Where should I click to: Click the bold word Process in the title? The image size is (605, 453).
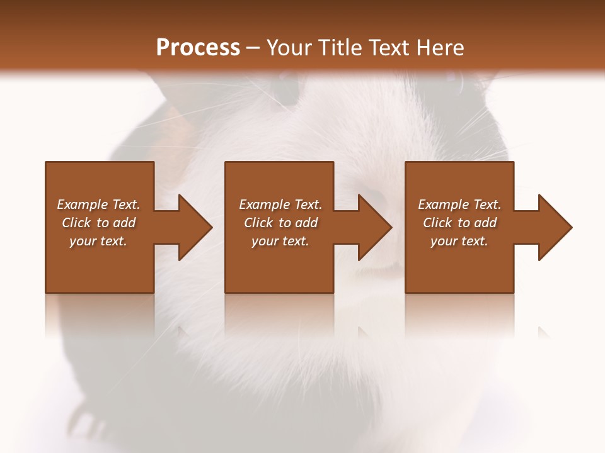click(198, 47)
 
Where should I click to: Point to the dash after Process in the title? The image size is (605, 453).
click(253, 48)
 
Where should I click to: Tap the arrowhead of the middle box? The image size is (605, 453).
click(374, 227)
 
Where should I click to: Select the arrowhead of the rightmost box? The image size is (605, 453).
click(555, 227)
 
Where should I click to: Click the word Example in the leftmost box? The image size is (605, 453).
click(82, 204)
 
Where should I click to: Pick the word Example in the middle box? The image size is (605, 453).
click(264, 204)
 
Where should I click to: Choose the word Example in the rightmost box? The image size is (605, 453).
click(443, 204)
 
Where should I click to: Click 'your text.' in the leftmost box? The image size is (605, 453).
click(98, 241)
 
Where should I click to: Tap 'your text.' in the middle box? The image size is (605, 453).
click(280, 241)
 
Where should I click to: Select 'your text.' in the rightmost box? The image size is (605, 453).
click(459, 241)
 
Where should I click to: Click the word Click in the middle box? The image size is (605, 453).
click(258, 223)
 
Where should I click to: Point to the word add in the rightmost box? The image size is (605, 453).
click(485, 223)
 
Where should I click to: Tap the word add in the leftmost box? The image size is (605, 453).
click(124, 223)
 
